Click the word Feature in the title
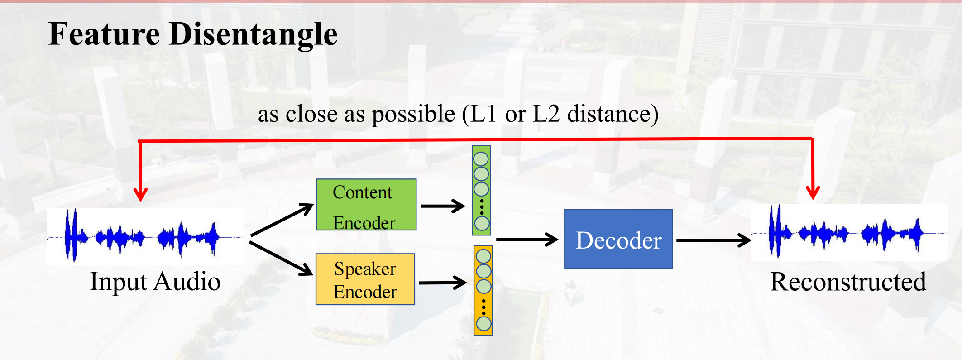click(104, 34)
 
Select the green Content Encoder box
click(366, 205)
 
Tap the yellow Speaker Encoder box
click(365, 279)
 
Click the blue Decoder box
click(618, 239)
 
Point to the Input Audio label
click(155, 282)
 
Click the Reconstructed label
click(848, 282)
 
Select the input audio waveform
click(145, 236)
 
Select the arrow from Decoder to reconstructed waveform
click(713, 240)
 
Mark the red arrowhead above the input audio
click(141, 194)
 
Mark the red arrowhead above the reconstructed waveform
click(813, 192)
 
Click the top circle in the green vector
click(481, 159)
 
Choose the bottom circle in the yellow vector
click(483, 324)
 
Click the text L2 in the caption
click(546, 114)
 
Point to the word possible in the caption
click(413, 115)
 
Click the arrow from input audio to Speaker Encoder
click(281, 259)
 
